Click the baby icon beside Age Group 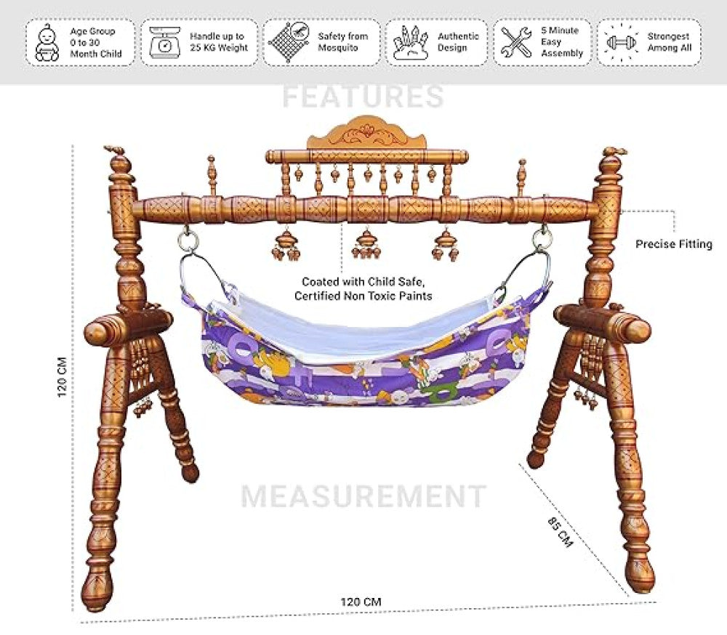(x=47, y=43)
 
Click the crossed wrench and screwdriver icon (x=516, y=42)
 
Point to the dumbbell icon (x=621, y=42)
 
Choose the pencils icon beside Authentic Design (x=410, y=43)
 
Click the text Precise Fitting (x=674, y=244)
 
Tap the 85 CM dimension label (x=560, y=531)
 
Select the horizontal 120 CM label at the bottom (x=361, y=602)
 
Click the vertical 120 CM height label (x=62, y=377)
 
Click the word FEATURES (x=363, y=97)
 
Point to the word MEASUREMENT (x=363, y=496)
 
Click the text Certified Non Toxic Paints (x=363, y=296)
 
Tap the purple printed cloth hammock (x=363, y=352)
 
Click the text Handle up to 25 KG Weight (x=218, y=41)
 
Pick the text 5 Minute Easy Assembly (x=561, y=41)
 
